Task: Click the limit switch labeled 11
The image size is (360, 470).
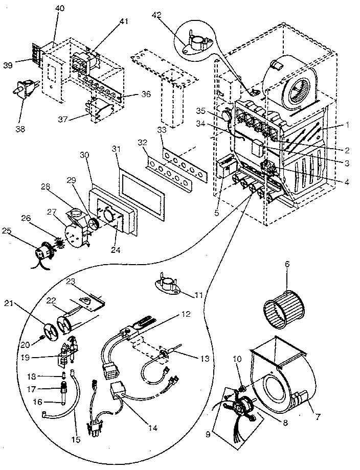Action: pos(168,285)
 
